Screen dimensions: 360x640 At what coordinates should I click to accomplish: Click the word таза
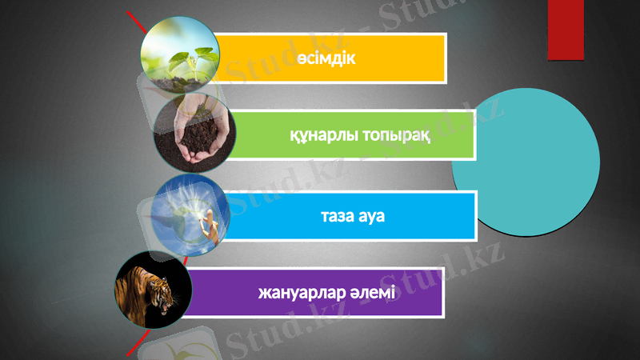337,216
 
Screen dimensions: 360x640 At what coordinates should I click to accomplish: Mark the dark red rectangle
567,30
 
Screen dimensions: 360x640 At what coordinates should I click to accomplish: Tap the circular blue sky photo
190,211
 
